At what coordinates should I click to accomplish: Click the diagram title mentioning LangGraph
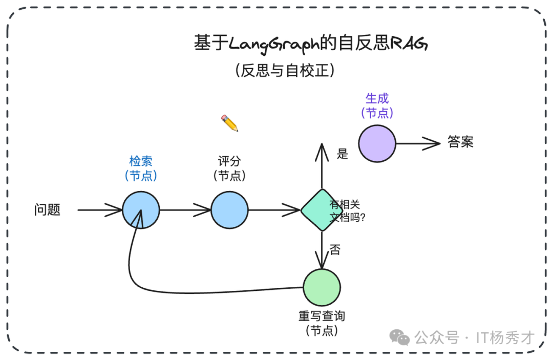310,44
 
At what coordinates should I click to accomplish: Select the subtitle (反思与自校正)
285,70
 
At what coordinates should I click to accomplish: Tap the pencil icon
229,123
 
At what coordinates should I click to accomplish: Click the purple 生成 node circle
377,143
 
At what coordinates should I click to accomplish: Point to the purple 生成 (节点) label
377,106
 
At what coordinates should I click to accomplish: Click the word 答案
460,142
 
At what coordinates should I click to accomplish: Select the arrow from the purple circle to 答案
417,144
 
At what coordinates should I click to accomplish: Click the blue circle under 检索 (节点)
141,209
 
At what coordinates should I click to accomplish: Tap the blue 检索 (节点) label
141,168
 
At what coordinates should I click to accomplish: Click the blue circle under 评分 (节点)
229,209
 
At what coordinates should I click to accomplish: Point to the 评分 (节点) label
229,168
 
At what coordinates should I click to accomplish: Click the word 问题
47,210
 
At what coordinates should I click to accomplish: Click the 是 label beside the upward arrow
343,153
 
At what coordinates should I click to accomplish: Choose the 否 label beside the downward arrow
334,250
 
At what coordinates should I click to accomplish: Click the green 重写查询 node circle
322,287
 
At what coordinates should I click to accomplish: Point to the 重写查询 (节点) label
322,323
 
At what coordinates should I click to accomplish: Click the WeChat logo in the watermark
399,337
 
